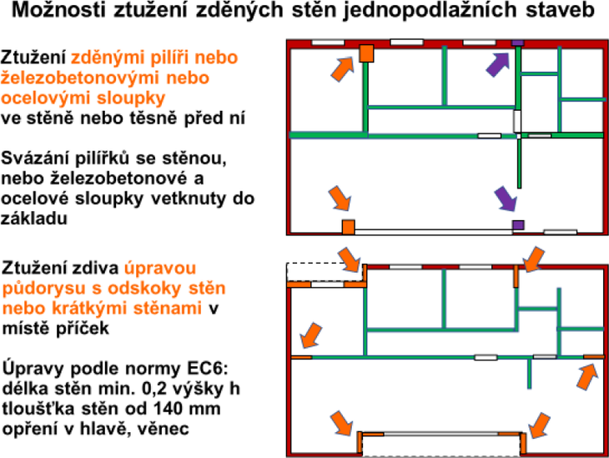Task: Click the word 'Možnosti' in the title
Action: tap(58, 11)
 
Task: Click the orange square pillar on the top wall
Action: tap(366, 53)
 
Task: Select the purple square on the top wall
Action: tap(517, 43)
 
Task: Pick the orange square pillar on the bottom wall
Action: tap(349, 227)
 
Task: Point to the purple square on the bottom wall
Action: tap(518, 225)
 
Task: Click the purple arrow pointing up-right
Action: tap(498, 64)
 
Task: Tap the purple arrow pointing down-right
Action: tap(506, 199)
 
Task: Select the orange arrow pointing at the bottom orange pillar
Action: tap(340, 198)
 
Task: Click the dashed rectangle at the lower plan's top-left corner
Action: tap(325, 272)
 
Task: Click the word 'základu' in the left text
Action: tap(34, 219)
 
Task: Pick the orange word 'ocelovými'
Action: tap(46, 98)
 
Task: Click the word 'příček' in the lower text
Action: tap(83, 328)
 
